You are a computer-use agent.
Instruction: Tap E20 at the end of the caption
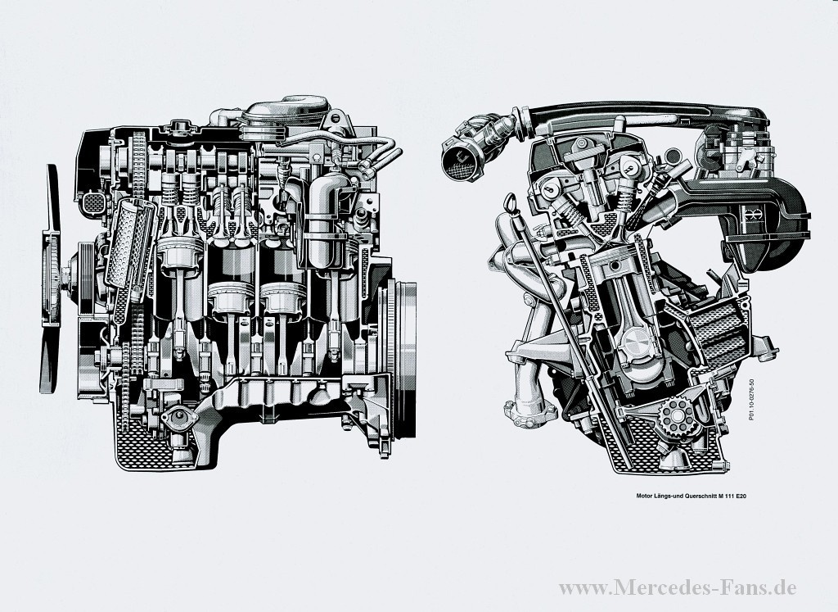pos(741,496)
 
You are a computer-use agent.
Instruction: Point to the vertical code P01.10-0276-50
pos(751,399)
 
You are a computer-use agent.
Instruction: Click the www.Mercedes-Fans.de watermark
pos(678,587)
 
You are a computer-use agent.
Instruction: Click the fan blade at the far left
pos(50,279)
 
